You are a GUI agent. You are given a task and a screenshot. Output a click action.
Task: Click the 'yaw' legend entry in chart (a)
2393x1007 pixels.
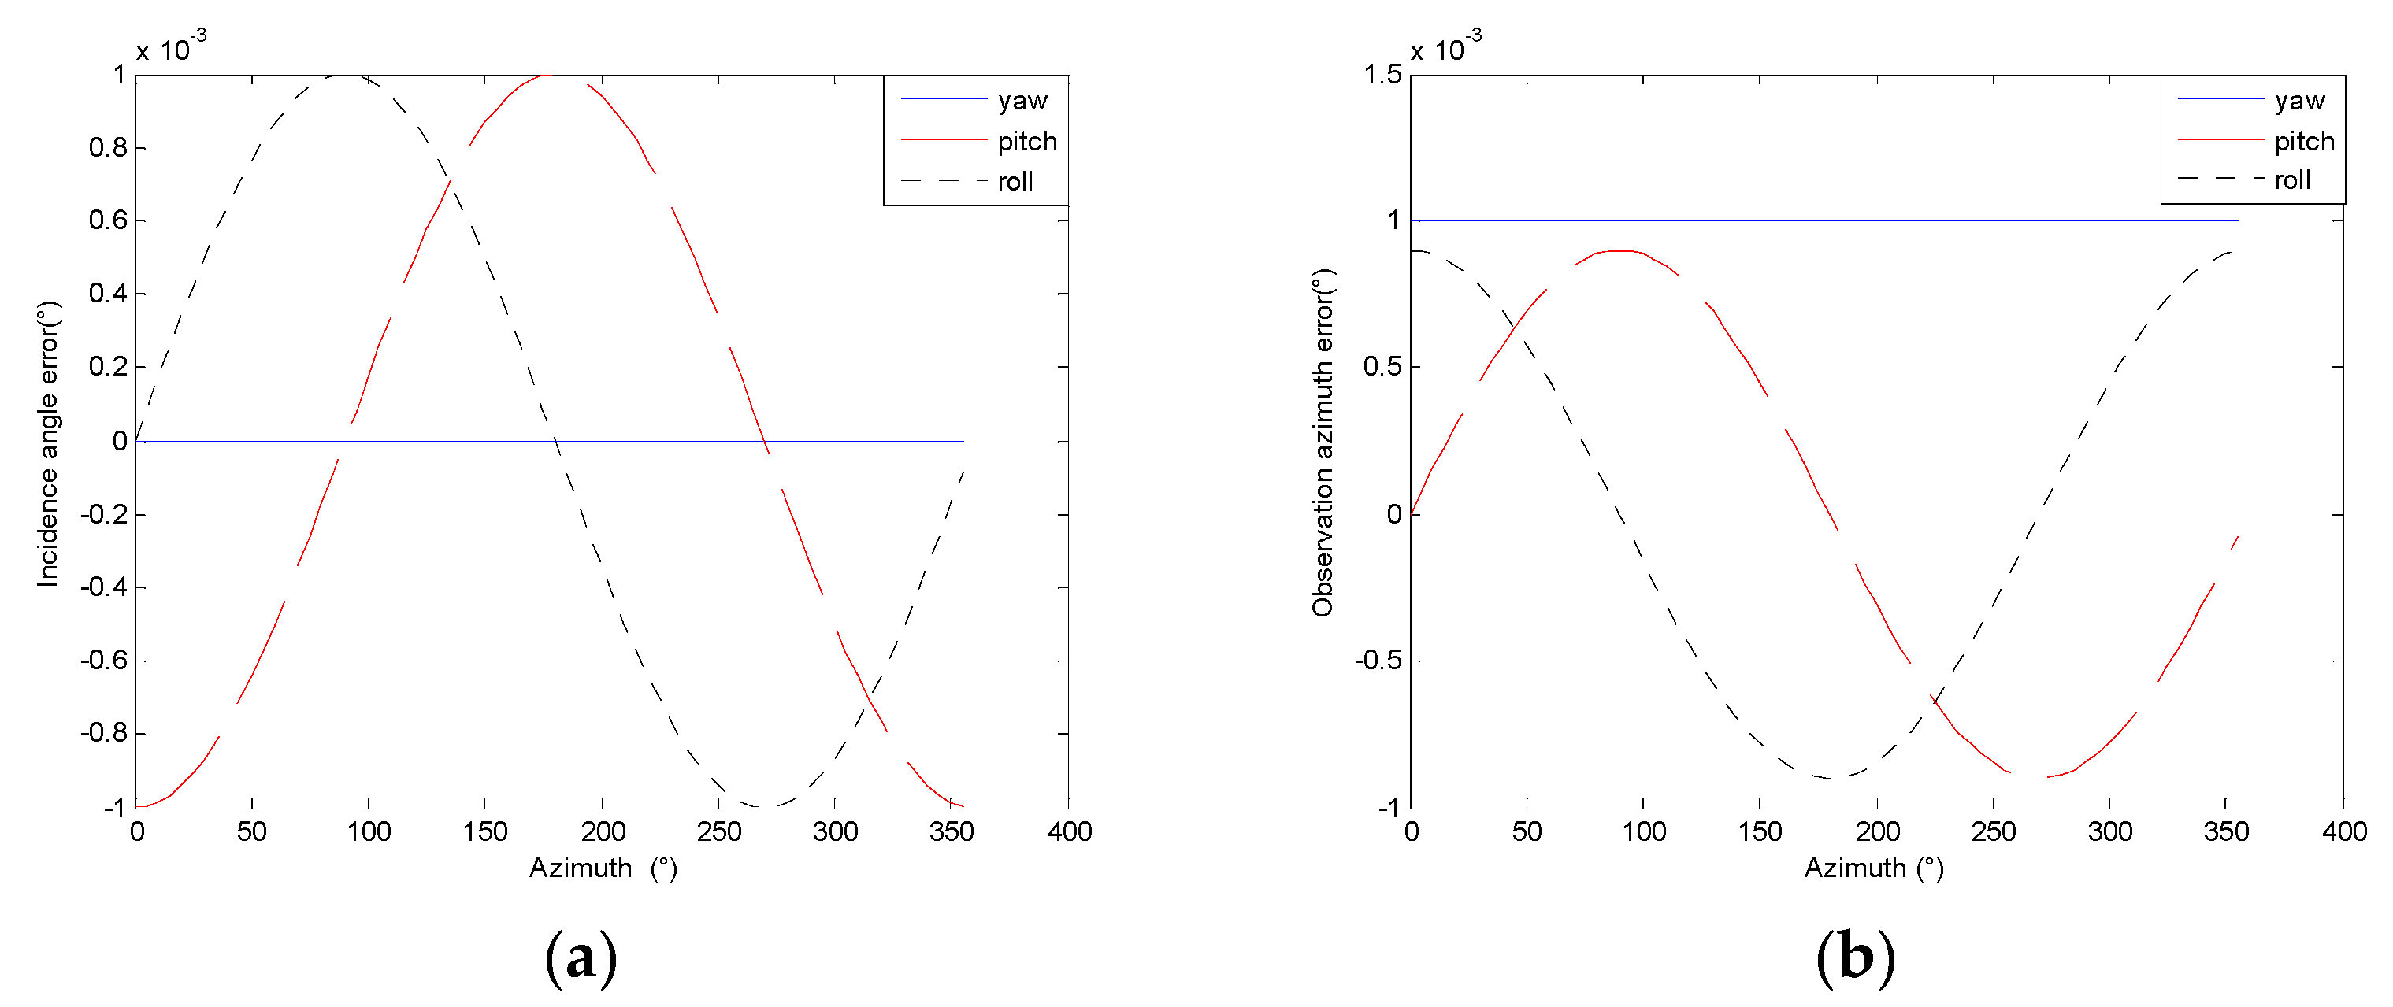1022,100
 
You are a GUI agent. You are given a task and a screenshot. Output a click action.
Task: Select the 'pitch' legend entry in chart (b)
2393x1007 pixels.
2304,141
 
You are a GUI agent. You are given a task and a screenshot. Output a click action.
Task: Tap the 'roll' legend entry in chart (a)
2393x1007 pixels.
1015,181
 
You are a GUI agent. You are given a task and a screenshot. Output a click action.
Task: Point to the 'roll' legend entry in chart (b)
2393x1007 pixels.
2291,180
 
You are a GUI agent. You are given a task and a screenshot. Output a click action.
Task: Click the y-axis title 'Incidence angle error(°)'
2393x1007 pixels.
47,443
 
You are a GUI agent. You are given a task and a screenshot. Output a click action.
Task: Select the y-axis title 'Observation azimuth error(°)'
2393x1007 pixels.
1322,443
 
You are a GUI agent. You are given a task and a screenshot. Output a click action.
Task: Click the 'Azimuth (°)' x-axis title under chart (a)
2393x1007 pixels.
603,868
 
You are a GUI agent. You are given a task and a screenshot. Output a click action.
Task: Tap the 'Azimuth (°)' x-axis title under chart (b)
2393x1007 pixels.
1874,868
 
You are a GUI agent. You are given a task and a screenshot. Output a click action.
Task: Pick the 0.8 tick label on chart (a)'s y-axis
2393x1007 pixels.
108,148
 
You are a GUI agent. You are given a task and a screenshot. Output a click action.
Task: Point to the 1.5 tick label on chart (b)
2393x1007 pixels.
1382,74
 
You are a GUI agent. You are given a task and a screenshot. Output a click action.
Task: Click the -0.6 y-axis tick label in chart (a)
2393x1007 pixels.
104,661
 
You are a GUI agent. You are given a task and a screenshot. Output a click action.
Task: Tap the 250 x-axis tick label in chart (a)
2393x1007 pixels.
719,831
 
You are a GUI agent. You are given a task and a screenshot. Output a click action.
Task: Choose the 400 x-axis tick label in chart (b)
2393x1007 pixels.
2343,831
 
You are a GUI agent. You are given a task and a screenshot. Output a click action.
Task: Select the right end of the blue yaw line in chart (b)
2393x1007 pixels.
2238,221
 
